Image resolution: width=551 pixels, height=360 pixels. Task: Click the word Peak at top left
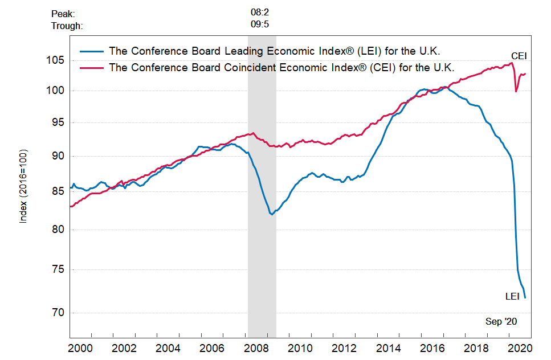[63, 13]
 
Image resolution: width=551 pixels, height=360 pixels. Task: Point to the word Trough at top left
[67, 26]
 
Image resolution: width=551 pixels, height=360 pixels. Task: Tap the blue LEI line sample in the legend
[91, 51]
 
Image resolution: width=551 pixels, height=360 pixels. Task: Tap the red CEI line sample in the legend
[91, 67]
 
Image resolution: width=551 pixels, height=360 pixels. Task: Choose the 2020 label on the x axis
[519, 348]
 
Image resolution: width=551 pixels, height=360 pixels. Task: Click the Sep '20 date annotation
[501, 322]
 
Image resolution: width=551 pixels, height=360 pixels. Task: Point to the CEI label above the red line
[519, 56]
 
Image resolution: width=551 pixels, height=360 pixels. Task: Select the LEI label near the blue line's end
[512, 296]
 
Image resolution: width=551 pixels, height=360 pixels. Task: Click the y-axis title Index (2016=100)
[23, 187]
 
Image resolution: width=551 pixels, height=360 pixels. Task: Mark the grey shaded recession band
[262, 228]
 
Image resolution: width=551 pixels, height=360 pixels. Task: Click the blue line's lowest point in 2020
[525, 297]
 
